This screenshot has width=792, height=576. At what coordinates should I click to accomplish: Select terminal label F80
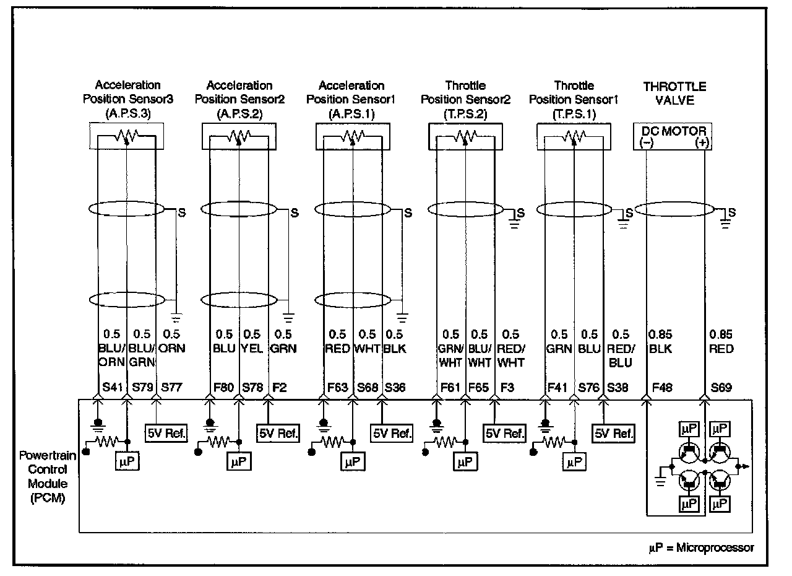coord(223,388)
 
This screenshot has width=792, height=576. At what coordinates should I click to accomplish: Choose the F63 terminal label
coord(338,388)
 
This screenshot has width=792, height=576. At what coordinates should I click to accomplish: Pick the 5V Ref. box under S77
coord(166,433)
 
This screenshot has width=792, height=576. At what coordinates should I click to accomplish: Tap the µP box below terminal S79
coord(127,461)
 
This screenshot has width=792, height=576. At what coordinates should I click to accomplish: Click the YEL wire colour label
coord(252,348)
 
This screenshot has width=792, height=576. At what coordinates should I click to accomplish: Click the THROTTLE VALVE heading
coord(674,93)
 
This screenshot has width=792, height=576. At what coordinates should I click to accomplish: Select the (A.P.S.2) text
coord(239,113)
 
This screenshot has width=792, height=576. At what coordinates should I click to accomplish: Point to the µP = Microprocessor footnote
coord(701,548)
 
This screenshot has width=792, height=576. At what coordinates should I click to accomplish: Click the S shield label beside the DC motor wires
coord(732,212)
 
